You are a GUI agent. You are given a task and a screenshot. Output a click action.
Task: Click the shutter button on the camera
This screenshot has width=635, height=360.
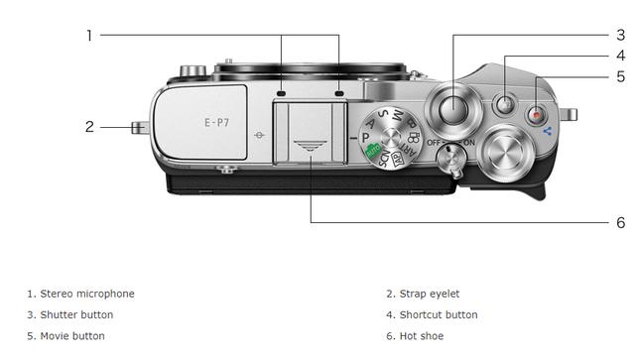[453, 109]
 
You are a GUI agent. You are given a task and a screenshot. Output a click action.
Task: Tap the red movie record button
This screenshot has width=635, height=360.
[537, 115]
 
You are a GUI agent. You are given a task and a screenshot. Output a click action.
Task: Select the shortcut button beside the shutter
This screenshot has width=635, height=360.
[505, 105]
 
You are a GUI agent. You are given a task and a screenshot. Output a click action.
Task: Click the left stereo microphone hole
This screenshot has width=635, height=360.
[281, 94]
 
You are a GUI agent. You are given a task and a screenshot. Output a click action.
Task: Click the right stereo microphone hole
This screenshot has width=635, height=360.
[339, 94]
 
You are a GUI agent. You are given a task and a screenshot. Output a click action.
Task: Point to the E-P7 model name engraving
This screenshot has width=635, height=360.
[216, 122]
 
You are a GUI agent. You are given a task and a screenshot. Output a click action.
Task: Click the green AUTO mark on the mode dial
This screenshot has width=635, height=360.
[373, 151]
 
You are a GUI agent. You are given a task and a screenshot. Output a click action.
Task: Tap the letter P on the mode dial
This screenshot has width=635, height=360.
[366, 138]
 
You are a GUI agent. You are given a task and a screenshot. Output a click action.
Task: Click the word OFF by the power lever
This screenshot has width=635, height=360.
[434, 143]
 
